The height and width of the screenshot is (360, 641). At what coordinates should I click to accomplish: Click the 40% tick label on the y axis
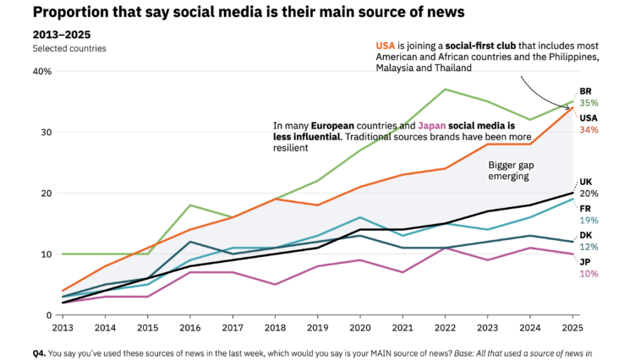[x=42, y=71]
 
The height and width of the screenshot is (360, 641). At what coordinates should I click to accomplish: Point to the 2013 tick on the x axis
[x=63, y=327]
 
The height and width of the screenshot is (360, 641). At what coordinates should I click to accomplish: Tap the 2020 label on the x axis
[x=360, y=327]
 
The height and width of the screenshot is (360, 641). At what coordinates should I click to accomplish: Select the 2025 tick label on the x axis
[x=573, y=327]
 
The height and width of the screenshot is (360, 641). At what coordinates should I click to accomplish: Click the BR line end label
[x=585, y=91]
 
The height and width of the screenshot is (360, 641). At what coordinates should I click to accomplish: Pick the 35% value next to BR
[x=589, y=103]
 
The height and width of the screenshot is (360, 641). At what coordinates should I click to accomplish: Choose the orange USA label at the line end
[x=589, y=117]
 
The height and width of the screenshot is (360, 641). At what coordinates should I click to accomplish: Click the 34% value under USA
[x=589, y=129]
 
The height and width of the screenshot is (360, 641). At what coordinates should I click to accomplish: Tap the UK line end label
[x=585, y=182]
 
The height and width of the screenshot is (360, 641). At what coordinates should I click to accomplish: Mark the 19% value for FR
[x=589, y=220]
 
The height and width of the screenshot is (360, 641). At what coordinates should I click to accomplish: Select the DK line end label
[x=585, y=236]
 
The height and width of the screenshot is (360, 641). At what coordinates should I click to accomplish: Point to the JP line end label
[x=584, y=262]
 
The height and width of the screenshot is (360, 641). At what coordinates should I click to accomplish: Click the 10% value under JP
[x=589, y=274]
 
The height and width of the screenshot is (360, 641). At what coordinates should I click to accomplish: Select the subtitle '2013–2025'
[x=62, y=35]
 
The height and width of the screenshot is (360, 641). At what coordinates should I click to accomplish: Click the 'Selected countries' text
[x=69, y=48]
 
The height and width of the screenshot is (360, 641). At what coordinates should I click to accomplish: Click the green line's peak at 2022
[x=445, y=90]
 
